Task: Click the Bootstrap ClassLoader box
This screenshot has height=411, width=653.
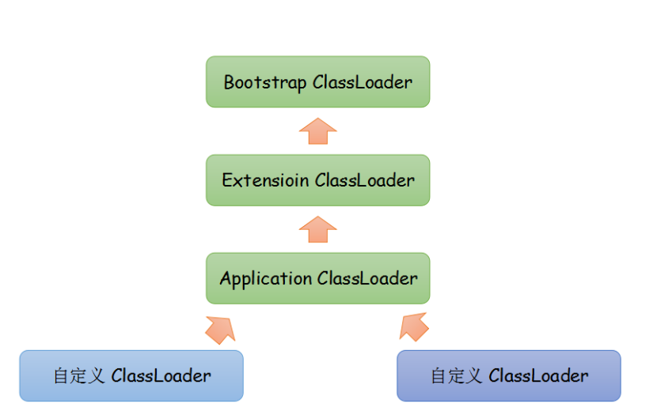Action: (x=317, y=82)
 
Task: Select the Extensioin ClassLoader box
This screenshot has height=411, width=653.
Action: (x=317, y=180)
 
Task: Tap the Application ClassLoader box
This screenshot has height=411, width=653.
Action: (x=317, y=278)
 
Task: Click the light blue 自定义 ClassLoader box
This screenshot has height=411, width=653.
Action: (x=131, y=375)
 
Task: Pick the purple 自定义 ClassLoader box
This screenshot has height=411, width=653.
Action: (x=509, y=375)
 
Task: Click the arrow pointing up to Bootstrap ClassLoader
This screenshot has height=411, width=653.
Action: (x=317, y=131)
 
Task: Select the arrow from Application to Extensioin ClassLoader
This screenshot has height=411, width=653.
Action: (x=317, y=229)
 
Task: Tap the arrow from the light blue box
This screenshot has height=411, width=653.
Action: (x=221, y=330)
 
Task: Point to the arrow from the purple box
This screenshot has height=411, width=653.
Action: (x=414, y=327)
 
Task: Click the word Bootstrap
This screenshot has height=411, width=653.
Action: (x=265, y=82)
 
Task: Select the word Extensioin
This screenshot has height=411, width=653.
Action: (x=265, y=180)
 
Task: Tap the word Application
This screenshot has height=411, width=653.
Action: (x=266, y=279)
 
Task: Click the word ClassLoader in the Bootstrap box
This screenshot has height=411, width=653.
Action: (x=363, y=82)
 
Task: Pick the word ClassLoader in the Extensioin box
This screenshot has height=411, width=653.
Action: (x=365, y=180)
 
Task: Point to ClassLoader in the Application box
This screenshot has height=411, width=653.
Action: (x=367, y=278)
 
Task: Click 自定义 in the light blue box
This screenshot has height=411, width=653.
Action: (x=78, y=376)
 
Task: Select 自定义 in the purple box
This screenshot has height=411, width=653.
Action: (x=456, y=376)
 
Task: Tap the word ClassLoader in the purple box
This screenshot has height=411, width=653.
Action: (x=538, y=375)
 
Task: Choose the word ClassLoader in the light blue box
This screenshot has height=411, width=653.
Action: (x=161, y=375)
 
